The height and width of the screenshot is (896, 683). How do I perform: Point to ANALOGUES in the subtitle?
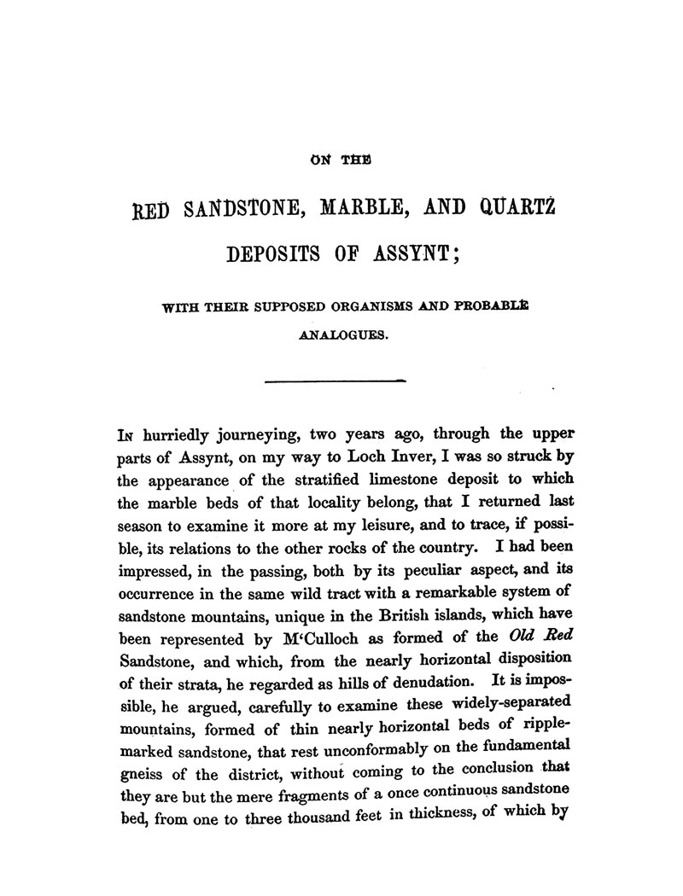coord(344,335)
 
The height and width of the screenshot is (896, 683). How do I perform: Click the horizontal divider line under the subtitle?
coord(337,379)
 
